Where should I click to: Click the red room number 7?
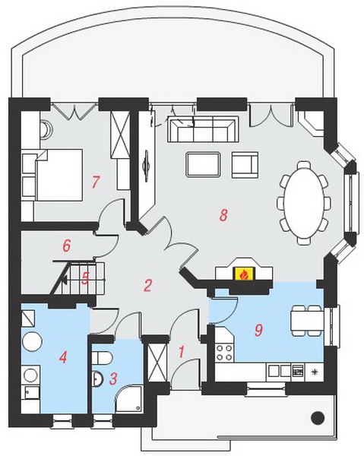pos(95,182)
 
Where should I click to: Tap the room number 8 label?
pos(223,215)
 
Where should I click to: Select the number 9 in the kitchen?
pos(258,330)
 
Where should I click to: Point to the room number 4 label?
pos(63,357)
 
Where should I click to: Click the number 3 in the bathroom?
pos(113,378)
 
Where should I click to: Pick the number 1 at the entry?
pos(181,352)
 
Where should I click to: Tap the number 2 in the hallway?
pos(147,285)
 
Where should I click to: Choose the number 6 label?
pos(67,245)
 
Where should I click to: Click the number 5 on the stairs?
pos(85,279)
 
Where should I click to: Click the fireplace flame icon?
pos(244,274)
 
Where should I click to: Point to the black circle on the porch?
pos(318,418)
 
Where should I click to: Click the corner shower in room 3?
pos(128,398)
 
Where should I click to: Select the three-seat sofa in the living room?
pos(203,129)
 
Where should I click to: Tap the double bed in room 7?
pos(59,175)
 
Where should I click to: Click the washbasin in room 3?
pos(97,378)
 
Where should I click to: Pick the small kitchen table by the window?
pos(307,321)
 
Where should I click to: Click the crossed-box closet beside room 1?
pos(157,363)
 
